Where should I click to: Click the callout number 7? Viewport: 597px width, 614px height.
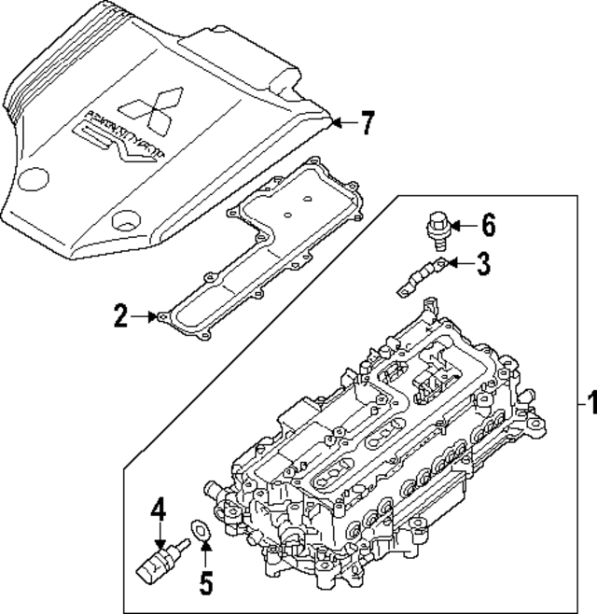pos(368,122)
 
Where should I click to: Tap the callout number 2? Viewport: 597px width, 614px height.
pos(119,317)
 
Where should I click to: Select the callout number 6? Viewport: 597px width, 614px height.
pos(488,225)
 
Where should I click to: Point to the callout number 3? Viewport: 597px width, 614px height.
pos(482,265)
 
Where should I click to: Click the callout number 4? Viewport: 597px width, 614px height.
pos(160,509)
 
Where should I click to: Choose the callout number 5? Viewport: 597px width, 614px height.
pos(205,582)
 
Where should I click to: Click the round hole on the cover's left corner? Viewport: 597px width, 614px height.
pos(37,177)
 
